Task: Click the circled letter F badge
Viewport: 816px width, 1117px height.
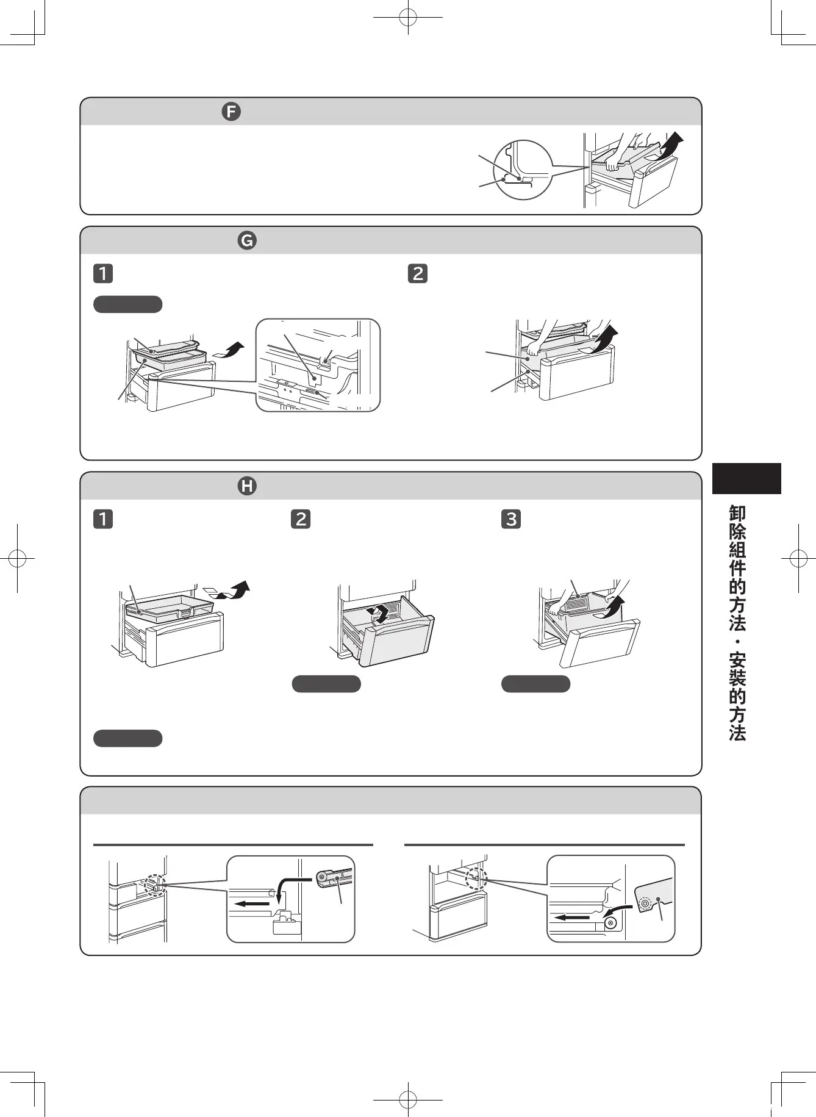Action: (x=231, y=112)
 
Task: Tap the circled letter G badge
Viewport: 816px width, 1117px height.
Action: (x=247, y=240)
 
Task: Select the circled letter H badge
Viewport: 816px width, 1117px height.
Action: (x=247, y=486)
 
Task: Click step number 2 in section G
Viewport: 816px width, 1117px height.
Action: (x=418, y=273)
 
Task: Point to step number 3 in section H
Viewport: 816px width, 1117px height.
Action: (x=511, y=519)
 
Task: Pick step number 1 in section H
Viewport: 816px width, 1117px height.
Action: (x=103, y=519)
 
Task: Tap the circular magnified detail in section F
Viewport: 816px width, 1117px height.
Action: (x=522, y=170)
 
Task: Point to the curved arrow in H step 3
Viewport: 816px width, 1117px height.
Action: (x=614, y=607)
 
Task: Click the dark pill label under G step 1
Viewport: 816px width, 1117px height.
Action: (x=127, y=304)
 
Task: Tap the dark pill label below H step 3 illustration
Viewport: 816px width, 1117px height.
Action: (x=535, y=684)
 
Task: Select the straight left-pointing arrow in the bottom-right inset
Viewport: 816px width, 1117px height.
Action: (x=571, y=917)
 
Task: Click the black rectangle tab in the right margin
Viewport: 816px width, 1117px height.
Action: (x=746, y=478)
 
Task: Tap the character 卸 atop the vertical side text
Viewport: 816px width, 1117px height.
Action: (x=737, y=514)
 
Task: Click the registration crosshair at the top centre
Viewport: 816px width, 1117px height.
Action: (x=408, y=18)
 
